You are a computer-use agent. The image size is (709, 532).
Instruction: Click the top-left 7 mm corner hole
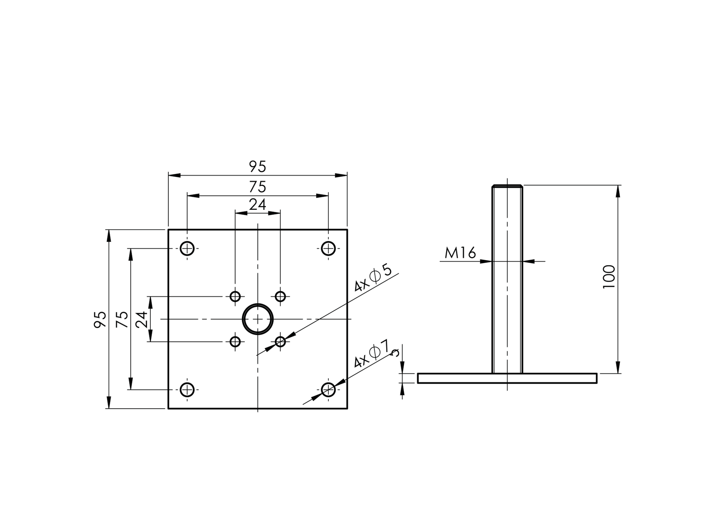tap(187, 248)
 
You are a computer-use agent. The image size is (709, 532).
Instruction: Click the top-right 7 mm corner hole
tap(328, 248)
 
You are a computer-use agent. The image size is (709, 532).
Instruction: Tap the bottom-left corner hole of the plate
tap(187, 390)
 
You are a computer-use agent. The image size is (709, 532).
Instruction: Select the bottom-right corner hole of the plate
tap(328, 390)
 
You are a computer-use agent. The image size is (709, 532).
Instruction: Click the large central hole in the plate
tap(257, 319)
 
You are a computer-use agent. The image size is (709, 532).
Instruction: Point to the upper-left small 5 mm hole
tap(235, 296)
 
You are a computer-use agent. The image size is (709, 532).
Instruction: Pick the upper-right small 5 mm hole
tap(280, 296)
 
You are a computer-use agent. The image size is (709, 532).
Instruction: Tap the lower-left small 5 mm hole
tap(235, 342)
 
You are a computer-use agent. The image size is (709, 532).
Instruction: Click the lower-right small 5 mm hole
tap(280, 342)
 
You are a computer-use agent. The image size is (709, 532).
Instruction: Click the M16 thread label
tap(460, 253)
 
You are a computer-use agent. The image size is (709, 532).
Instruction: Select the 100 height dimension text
tap(609, 277)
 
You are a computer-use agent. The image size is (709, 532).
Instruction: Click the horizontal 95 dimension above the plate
tap(257, 167)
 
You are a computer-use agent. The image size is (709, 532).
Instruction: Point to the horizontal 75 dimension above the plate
tap(257, 187)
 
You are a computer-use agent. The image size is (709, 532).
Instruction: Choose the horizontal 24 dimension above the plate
tap(257, 205)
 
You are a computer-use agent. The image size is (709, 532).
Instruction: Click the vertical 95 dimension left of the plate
tap(100, 319)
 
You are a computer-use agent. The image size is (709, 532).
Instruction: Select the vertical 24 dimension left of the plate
tap(142, 319)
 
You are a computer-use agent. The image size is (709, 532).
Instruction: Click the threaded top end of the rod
tap(507, 187)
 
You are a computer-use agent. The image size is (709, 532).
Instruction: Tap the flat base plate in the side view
tap(507, 378)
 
